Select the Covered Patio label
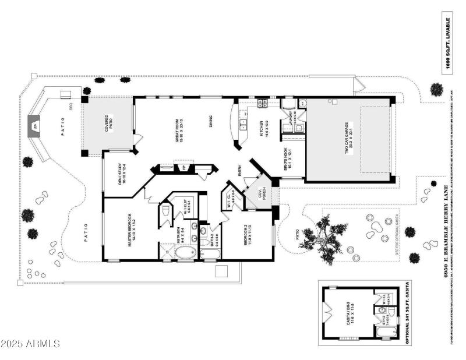click(108, 123)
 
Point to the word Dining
click(213, 122)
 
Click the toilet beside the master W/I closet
click(165, 210)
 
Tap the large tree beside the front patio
click(324, 237)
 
